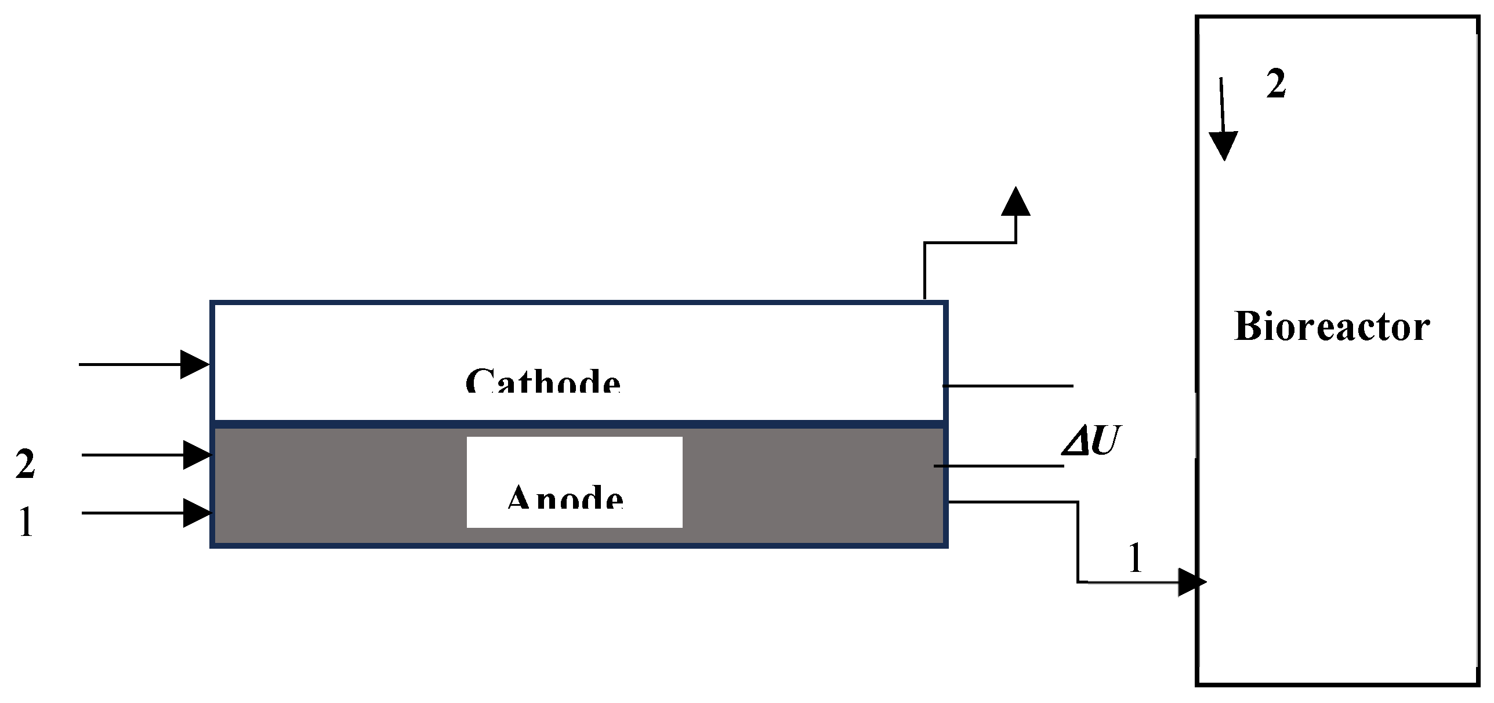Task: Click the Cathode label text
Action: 543,381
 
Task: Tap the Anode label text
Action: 565,498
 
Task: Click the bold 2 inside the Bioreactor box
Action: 1276,85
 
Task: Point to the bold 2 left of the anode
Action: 25,464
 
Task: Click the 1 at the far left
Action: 26,522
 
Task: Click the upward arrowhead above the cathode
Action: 1016,201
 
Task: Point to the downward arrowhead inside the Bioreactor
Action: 1224,145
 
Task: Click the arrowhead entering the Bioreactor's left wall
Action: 1192,582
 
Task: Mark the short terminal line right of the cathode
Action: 1008,386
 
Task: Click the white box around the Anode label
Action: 574,452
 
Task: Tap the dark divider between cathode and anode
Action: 579,424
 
